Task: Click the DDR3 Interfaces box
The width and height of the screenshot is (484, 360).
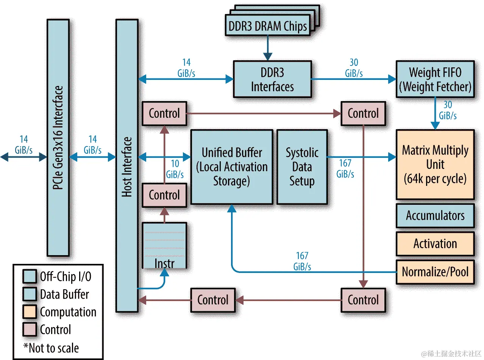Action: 272,79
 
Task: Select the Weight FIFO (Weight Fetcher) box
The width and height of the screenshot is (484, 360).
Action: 435,79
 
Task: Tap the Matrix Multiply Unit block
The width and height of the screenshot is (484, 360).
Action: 435,165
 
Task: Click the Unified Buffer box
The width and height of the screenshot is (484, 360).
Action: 231,167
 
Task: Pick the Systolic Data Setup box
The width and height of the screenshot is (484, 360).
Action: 302,167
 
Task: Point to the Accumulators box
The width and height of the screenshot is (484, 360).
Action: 435,216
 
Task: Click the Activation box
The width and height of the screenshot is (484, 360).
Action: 435,243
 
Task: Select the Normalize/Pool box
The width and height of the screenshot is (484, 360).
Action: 435,272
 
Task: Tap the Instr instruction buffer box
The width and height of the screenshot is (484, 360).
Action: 164,246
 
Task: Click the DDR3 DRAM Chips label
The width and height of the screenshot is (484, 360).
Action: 267,26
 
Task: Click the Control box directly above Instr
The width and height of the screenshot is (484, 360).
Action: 164,195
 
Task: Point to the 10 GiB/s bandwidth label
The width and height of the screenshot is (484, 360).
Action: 175,169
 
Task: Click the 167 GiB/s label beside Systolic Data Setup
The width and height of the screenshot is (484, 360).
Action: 345,168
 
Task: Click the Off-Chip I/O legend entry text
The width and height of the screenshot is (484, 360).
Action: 66,277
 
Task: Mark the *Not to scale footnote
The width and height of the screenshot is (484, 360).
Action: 51,348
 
